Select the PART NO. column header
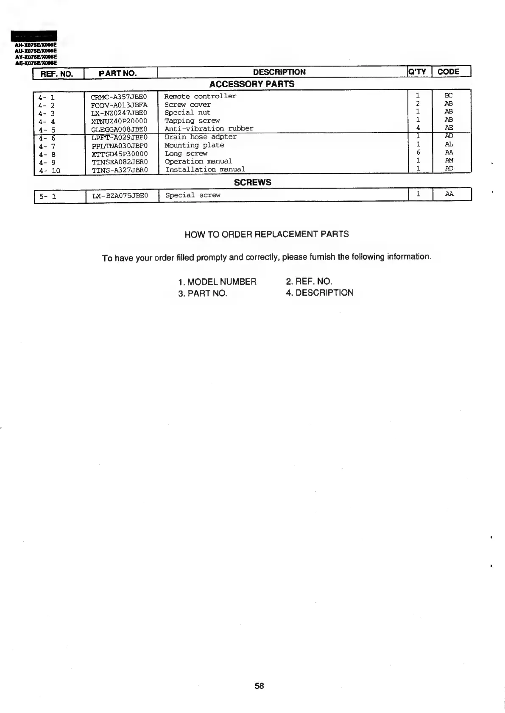coord(118,73)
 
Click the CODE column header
coord(448,72)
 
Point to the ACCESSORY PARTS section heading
coord(252,84)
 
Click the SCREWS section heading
coord(253,182)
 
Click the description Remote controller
coord(200,96)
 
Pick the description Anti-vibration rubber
coord(209,128)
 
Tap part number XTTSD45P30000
coord(120,154)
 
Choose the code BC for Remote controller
coord(449,95)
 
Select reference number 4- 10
coord(49,171)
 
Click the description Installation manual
coord(205,169)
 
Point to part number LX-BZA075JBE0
coord(120,196)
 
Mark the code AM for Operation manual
coord(449,160)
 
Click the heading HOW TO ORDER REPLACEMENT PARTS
coord(267,234)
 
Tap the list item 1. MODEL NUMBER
coord(217,282)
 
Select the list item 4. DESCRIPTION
coord(319,293)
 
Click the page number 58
coord(259,685)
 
